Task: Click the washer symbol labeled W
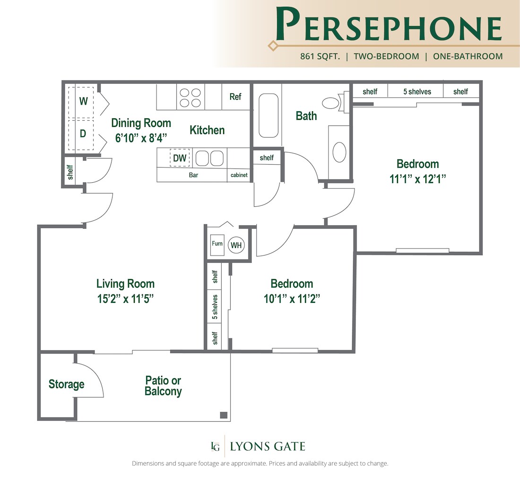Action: point(84,101)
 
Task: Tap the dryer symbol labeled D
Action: point(84,133)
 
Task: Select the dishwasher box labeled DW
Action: point(180,159)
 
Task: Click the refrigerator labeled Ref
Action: point(235,97)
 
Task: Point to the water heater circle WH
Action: point(236,245)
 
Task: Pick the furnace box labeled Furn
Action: point(217,245)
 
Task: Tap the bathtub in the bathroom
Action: point(269,115)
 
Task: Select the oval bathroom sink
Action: point(339,152)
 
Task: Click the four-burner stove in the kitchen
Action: point(190,97)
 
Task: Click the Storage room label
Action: point(66,384)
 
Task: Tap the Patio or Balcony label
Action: point(163,386)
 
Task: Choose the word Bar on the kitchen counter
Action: point(193,175)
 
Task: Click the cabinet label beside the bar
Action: point(239,175)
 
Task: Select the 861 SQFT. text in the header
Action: point(320,56)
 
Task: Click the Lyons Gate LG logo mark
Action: point(216,446)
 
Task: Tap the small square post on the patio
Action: point(223,415)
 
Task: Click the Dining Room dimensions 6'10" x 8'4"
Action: point(141,138)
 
